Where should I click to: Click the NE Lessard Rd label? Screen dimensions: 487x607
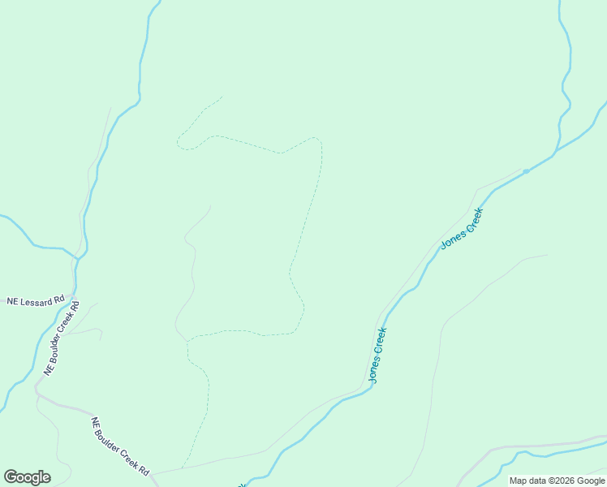(35, 301)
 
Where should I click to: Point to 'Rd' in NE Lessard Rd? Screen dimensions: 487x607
(59, 300)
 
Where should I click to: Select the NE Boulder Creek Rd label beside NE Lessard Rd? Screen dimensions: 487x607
(62, 338)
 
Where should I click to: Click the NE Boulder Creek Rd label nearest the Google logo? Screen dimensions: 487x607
(120, 446)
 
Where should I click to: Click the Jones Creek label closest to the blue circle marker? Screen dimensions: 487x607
(462, 228)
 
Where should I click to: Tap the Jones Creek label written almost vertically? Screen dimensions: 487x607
(377, 355)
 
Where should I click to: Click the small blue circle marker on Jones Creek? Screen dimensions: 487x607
(526, 171)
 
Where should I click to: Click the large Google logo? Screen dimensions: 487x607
(27, 477)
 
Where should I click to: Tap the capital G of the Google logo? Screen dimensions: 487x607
(11, 477)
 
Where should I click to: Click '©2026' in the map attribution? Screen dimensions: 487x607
(561, 481)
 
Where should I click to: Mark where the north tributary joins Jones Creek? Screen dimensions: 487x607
(556, 152)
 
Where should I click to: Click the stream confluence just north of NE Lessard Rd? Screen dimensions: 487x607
(77, 259)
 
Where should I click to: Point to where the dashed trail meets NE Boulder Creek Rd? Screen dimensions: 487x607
(182, 468)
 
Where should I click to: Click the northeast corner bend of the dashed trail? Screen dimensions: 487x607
(320, 142)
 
